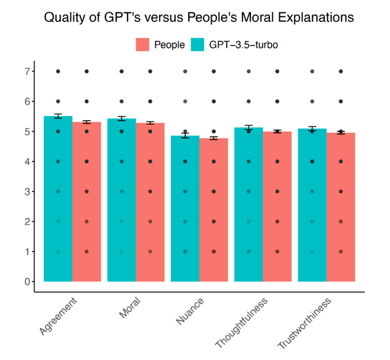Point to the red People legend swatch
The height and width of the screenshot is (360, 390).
click(142, 45)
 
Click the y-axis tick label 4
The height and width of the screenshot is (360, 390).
click(27, 162)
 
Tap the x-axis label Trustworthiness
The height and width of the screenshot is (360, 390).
click(305, 324)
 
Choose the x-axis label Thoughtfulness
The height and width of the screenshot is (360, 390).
click(241, 323)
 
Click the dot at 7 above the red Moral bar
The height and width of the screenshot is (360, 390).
click(150, 72)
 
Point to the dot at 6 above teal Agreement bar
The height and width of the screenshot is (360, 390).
click(58, 102)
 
